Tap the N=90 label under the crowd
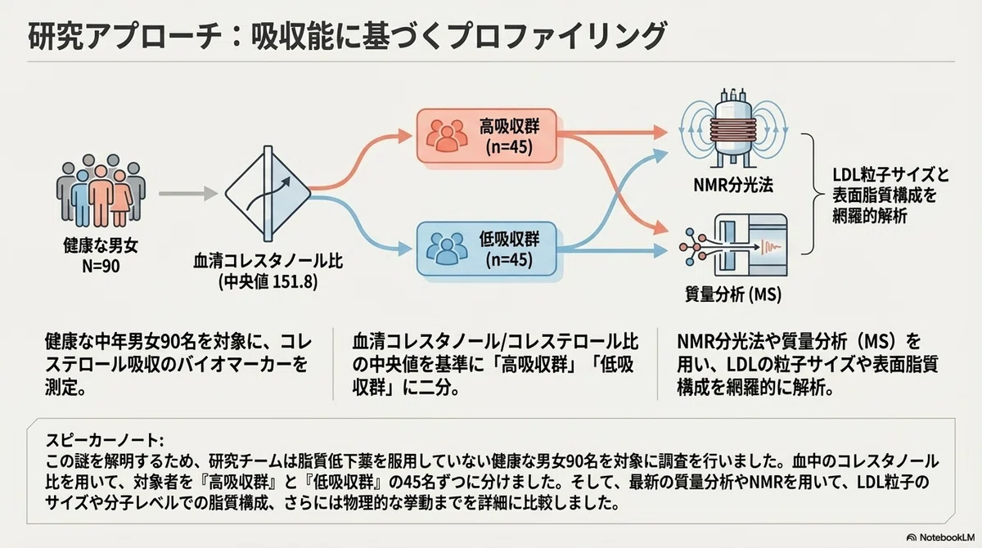click(101, 266)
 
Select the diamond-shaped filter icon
click(268, 194)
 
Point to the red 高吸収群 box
click(487, 137)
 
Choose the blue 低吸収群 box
click(487, 249)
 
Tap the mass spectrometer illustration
click(733, 245)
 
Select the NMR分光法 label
click(733, 185)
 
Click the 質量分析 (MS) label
click(733, 294)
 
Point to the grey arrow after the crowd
click(188, 193)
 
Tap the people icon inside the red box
click(447, 136)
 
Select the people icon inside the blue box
click(447, 249)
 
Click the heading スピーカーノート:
click(105, 440)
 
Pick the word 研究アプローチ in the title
click(125, 35)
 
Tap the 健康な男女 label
click(101, 245)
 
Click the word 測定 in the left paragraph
click(61, 387)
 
